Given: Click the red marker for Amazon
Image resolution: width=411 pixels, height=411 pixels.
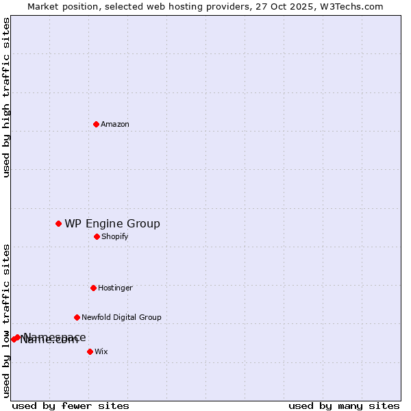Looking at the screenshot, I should pyautogui.click(x=96, y=124).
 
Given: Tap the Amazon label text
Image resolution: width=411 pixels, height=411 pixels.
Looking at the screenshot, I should pyautogui.click(x=115, y=125).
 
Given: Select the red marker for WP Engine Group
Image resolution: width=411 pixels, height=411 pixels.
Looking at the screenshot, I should pyautogui.click(x=58, y=223).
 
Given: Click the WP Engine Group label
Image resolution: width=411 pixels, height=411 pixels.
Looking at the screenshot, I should pyautogui.click(x=112, y=224).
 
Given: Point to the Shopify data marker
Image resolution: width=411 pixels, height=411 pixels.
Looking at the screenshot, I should pyautogui.click(x=97, y=236).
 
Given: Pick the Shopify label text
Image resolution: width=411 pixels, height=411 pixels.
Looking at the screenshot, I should pyautogui.click(x=115, y=237).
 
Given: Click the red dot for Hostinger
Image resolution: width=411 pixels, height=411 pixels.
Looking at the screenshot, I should pyautogui.click(x=93, y=288).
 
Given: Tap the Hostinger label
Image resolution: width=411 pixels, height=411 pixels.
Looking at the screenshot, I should pyautogui.click(x=115, y=288).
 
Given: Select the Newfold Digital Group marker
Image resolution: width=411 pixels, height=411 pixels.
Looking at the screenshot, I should pyautogui.click(x=77, y=317).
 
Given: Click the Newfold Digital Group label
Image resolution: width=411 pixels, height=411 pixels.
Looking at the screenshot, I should pyautogui.click(x=121, y=318).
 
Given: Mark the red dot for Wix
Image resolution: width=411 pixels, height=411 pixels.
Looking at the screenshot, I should pyautogui.click(x=90, y=351).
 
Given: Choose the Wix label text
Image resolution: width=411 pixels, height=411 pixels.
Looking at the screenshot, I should pyautogui.click(x=101, y=352).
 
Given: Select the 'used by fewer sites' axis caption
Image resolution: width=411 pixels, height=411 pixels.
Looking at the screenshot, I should pyautogui.click(x=71, y=406).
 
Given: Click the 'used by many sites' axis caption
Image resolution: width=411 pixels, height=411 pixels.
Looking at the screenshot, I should pyautogui.click(x=344, y=406).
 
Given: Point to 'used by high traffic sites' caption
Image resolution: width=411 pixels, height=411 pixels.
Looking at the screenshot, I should pyautogui.click(x=6, y=97).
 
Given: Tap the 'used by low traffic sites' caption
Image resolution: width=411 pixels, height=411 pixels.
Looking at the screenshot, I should pyautogui.click(x=6, y=321).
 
